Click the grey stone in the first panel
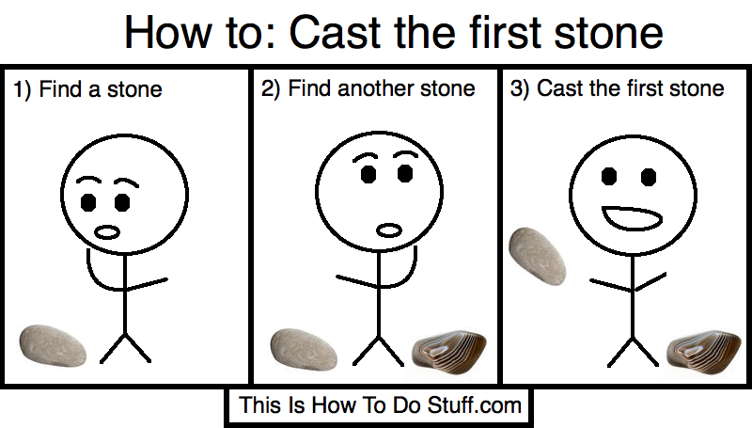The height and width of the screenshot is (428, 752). click(53, 346)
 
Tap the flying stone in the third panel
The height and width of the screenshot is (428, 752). click(537, 256)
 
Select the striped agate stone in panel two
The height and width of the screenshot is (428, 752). click(449, 352)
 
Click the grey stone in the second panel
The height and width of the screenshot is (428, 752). click(304, 349)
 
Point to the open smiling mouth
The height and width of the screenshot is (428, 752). click(632, 218)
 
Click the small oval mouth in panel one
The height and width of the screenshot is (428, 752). click(107, 232)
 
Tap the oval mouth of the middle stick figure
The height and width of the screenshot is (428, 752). click(389, 230)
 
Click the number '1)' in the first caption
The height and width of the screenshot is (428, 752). click(22, 89)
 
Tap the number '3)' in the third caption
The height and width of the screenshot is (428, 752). click(520, 88)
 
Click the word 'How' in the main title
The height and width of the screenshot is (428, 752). click(167, 32)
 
